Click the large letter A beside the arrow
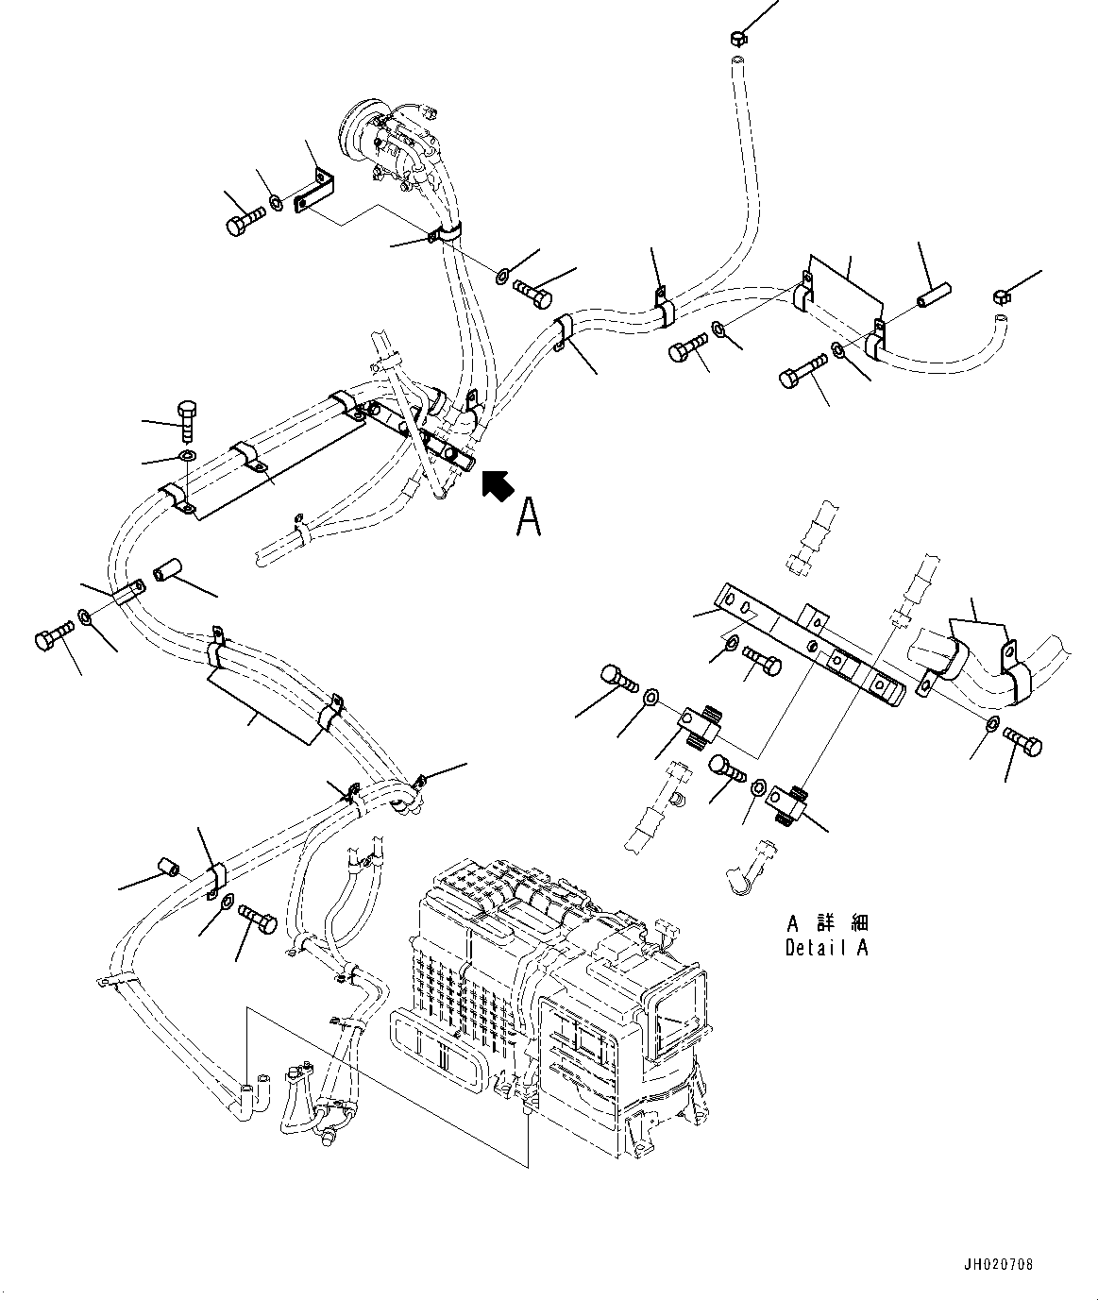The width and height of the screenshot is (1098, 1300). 529,516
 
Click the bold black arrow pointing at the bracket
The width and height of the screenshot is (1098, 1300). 498,484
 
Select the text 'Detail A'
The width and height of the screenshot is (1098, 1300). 826,948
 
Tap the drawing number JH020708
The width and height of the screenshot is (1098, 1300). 1000,1264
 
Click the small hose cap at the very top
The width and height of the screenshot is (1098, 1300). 738,39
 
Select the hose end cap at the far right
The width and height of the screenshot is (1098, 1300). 1003,297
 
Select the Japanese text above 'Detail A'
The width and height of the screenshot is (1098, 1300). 826,923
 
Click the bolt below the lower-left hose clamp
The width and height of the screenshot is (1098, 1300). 257,914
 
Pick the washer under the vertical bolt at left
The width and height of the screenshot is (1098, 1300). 186,457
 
